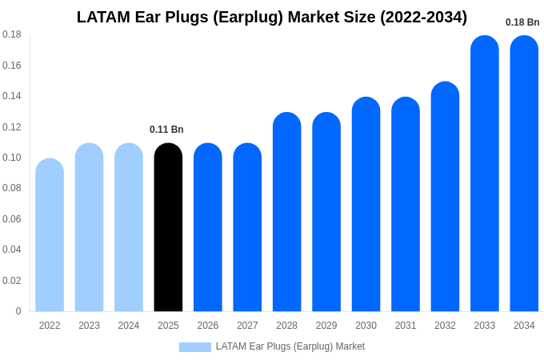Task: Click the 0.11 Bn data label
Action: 166,130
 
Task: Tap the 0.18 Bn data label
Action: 522,22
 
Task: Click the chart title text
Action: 272,17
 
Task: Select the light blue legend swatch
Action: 194,347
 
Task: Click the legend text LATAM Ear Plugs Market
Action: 290,346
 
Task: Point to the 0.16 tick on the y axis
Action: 12,66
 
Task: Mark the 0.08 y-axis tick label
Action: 12,188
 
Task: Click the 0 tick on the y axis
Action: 18,311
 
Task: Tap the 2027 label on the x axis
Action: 247,326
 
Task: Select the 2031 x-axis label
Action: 406,326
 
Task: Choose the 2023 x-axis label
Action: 89,326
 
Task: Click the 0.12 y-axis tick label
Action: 12,127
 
